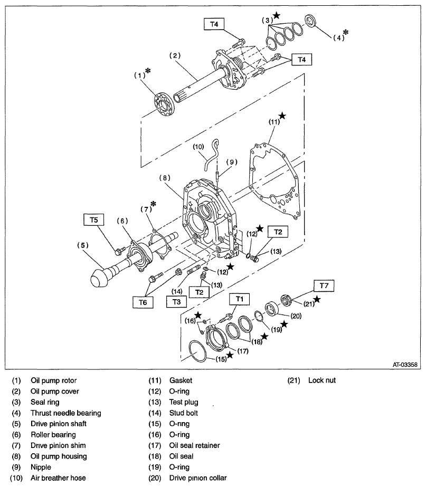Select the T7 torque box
(324, 285)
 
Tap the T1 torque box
(240, 299)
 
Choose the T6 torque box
(143, 302)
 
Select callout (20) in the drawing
(296, 317)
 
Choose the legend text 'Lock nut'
(321, 380)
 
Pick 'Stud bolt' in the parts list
(183, 413)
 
